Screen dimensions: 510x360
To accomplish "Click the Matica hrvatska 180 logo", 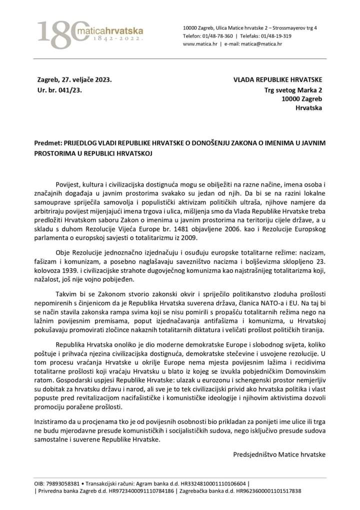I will tap(90, 35).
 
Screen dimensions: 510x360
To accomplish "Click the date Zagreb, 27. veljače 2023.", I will tap(74, 80).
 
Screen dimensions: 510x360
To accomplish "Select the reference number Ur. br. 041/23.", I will tap(59, 90).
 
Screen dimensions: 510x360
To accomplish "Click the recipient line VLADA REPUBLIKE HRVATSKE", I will tap(278, 80).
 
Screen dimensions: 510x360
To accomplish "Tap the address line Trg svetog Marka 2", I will tap(293, 90).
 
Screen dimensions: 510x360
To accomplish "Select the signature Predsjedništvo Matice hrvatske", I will tap(279, 454).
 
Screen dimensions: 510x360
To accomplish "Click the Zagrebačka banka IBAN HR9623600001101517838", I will tap(272, 491).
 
